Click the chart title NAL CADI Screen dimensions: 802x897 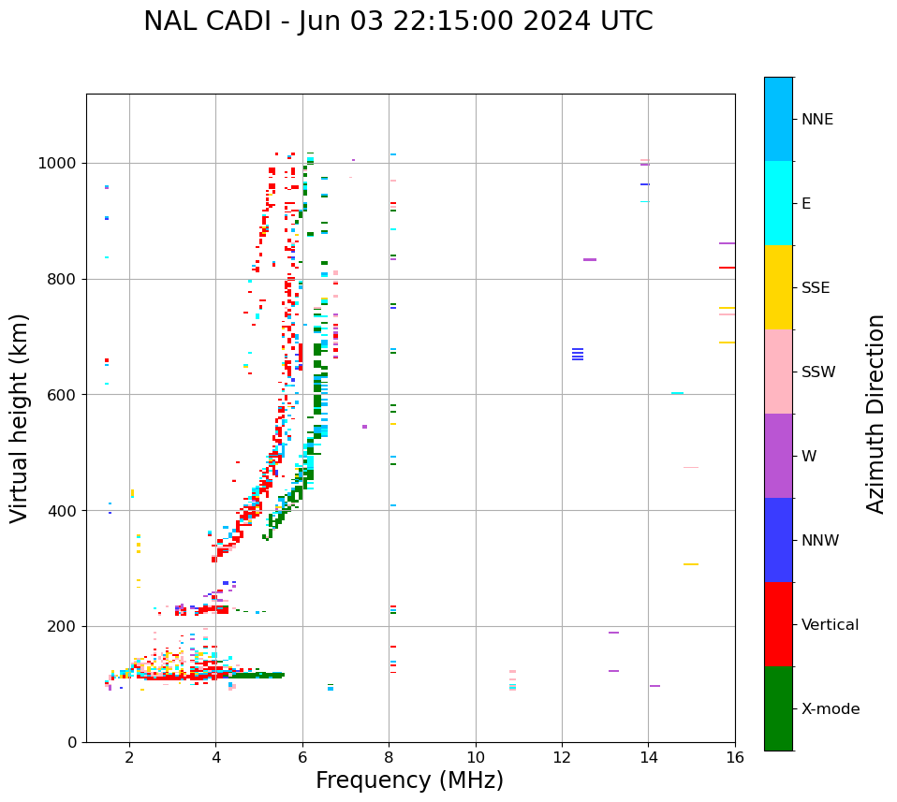398,22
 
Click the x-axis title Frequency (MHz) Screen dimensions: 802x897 409,780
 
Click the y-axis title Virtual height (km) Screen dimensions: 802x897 20,418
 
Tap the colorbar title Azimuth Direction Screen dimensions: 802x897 875,414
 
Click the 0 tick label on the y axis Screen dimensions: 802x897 72,742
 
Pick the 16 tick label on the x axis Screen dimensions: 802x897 735,757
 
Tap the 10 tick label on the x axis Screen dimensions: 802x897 476,757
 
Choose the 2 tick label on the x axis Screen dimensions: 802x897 129,757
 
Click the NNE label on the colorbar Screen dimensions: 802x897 817,120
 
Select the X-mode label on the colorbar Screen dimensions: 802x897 831,709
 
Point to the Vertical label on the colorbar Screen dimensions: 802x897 830,625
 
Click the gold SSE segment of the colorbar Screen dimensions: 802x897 778,287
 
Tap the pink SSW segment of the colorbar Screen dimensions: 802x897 778,372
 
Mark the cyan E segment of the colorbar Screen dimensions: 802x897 778,203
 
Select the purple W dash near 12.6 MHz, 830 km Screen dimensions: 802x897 590,259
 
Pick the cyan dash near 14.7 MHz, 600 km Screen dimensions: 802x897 677,393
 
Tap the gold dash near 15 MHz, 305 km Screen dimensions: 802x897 691,564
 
